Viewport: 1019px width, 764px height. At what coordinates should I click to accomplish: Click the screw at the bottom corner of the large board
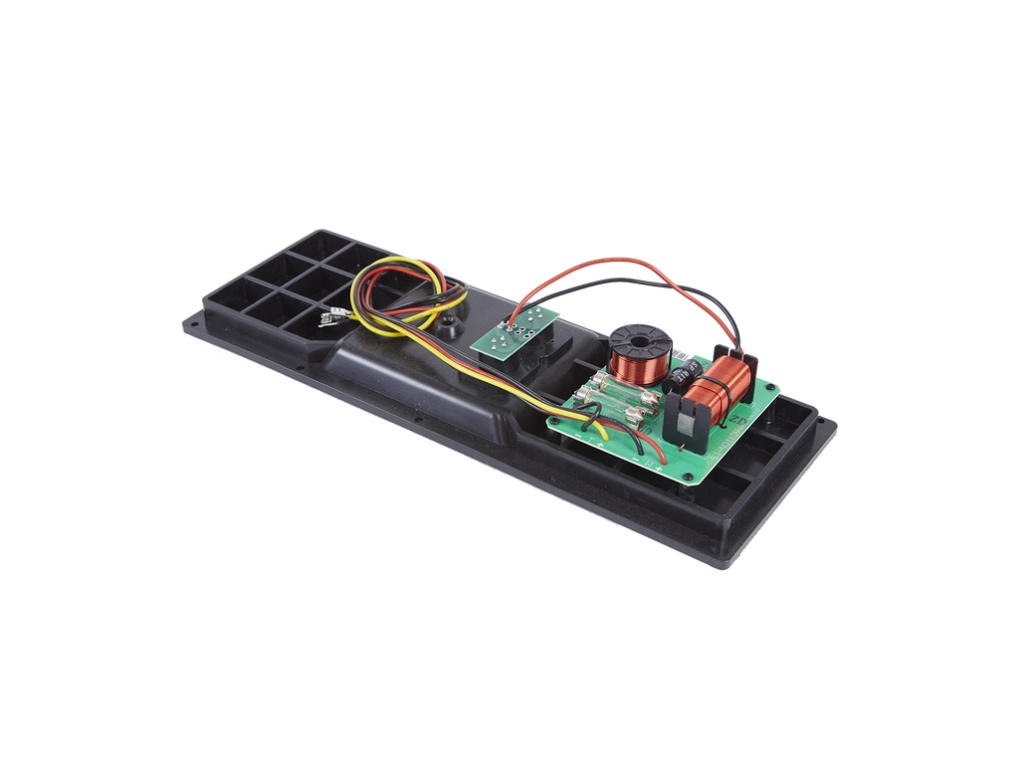tap(690, 478)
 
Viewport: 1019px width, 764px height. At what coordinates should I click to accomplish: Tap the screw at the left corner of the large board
tap(554, 421)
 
